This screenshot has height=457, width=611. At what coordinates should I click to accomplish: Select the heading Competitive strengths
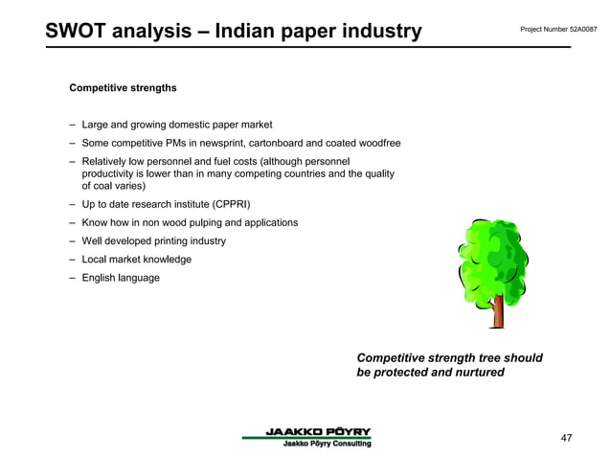tap(123, 88)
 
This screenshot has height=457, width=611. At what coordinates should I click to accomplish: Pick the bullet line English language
tap(121, 278)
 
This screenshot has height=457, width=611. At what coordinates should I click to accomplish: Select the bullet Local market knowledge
tap(136, 260)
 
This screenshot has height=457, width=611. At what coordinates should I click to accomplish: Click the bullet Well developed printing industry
tap(153, 241)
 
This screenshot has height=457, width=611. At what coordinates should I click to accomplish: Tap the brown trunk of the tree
tap(498, 311)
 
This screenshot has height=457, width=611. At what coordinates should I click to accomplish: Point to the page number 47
tap(566, 438)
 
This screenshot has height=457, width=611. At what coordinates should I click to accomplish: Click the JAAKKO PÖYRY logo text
tap(318, 431)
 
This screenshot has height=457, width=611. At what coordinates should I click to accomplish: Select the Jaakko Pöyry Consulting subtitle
tap(326, 443)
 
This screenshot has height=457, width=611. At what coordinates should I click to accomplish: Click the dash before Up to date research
tap(73, 205)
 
